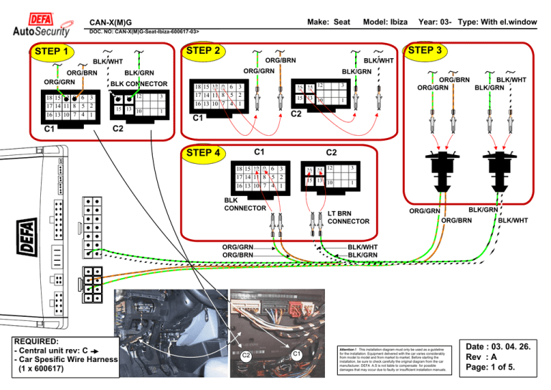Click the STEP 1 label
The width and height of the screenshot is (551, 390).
pos(51,52)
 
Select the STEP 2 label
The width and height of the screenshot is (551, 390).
pos(202,51)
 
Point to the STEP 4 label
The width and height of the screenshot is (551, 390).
pos(203,152)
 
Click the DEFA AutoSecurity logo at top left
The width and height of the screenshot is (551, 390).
pos(42,24)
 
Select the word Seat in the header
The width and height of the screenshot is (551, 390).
pos(339,22)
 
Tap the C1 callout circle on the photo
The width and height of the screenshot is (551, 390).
pos(296,353)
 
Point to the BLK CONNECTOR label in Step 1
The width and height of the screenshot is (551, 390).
pos(138,84)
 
